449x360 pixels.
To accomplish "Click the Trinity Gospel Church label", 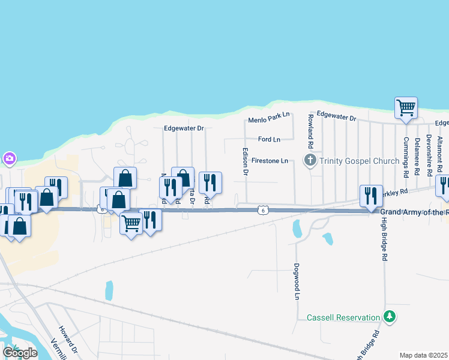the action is pyautogui.click(x=359, y=161).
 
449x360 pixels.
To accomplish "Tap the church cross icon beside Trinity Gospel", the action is pyautogui.click(x=310, y=160).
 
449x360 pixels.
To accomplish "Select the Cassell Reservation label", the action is pyautogui.click(x=343, y=317).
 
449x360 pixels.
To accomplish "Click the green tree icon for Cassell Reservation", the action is pyautogui.click(x=390, y=316).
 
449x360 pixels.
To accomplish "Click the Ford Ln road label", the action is pyautogui.click(x=269, y=139).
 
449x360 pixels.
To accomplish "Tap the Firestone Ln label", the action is pyautogui.click(x=270, y=161).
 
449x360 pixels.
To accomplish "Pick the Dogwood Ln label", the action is pyautogui.click(x=297, y=281).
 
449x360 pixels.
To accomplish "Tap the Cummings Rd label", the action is pyautogui.click(x=406, y=157).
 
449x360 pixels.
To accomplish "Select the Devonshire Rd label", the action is pyautogui.click(x=429, y=155).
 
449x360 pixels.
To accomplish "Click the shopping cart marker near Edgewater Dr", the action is pyautogui.click(x=406, y=109).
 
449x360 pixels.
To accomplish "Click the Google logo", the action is pyautogui.click(x=20, y=353).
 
